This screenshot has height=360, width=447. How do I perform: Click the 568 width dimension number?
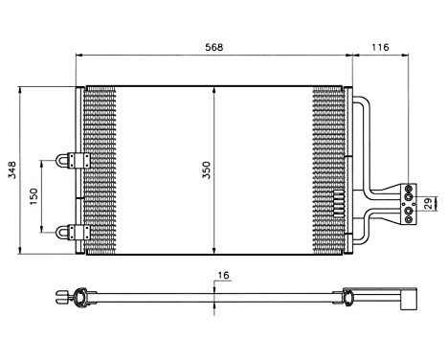[x=214, y=46]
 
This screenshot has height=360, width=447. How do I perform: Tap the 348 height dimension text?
[x=11, y=170]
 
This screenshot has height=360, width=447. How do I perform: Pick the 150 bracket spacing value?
[x=34, y=195]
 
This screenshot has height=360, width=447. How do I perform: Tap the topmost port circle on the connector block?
[x=410, y=187]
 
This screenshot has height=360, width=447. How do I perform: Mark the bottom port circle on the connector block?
[x=410, y=219]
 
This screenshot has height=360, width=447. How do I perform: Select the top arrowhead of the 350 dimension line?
[x=214, y=89]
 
